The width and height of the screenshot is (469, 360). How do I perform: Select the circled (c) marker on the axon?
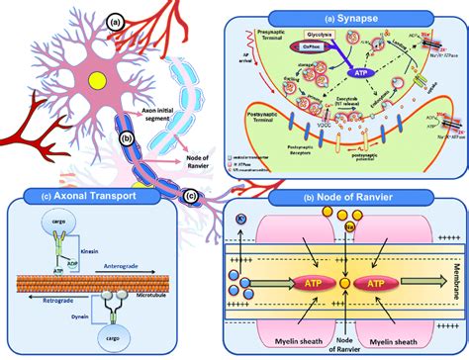[192, 196]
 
